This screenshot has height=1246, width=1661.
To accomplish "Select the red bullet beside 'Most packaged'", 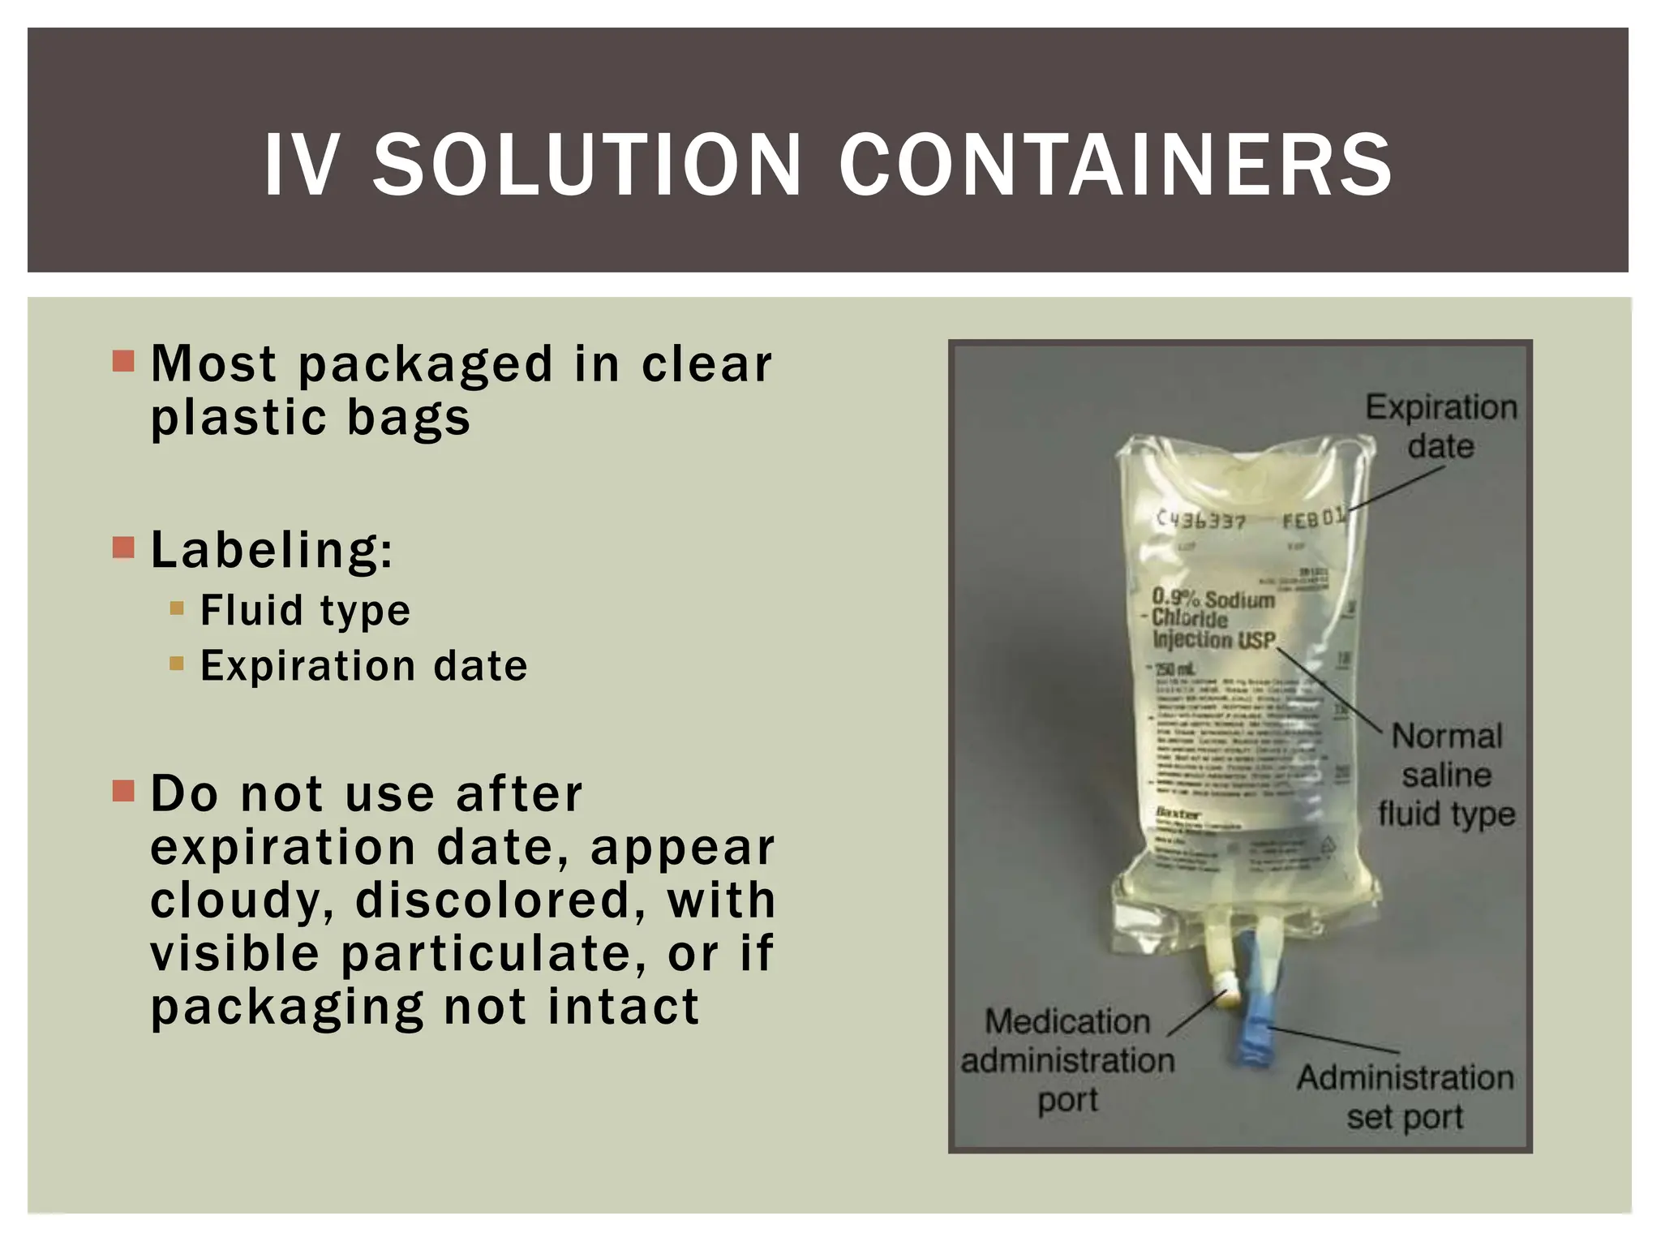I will pos(123,361).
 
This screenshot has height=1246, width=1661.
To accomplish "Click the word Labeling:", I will pos(272,550).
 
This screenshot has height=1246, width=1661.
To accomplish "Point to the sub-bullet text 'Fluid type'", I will pos(305,610).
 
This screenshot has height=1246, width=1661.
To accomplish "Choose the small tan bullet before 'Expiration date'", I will pos(177,664).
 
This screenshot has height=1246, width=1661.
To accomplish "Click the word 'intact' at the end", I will pos(623,1007).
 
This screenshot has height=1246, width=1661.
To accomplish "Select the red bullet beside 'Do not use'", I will pos(123,790).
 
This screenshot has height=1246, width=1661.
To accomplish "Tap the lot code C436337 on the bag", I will pos(1200,520).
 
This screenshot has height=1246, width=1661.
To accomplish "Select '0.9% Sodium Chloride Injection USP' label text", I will pos(1213,620).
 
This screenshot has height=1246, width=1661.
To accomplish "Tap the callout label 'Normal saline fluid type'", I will pos(1446,775).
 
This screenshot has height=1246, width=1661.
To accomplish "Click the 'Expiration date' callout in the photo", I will pos(1440,427).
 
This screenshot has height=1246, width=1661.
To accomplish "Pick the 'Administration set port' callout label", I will pos(1405,1097).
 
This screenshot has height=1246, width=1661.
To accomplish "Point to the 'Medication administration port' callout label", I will pos(1067,1060).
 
